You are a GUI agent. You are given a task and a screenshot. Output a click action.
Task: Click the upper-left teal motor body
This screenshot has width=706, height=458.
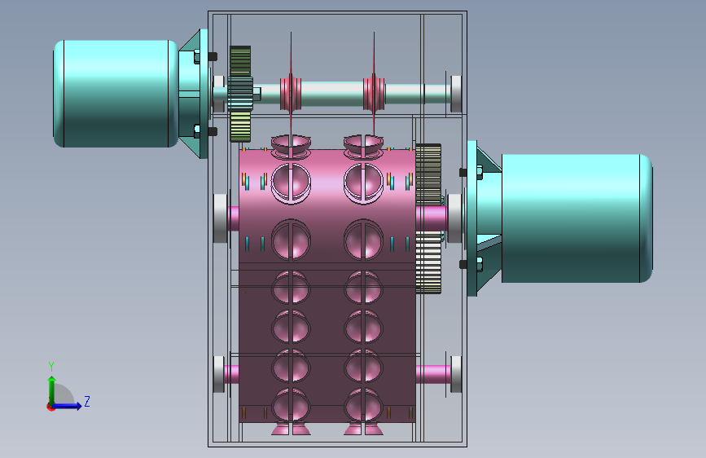point(116,94)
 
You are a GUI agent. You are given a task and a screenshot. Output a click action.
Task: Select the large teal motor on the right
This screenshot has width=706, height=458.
point(577,218)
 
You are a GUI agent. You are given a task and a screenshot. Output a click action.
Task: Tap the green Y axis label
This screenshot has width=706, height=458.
point(51,367)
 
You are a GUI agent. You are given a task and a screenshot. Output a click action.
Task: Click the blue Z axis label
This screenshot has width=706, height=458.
point(87,401)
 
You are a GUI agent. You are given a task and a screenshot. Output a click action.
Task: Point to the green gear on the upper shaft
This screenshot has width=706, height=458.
point(240,94)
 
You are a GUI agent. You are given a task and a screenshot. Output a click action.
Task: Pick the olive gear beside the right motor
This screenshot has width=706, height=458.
point(428,218)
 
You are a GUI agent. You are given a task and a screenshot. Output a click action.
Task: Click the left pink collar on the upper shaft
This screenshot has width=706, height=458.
point(291,94)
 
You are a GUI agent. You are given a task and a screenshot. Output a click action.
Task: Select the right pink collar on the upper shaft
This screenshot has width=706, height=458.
point(374,94)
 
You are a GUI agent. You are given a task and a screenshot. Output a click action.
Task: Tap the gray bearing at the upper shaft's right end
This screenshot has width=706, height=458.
point(456,94)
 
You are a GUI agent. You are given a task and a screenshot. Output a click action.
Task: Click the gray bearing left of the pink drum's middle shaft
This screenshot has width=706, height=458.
point(220,218)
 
